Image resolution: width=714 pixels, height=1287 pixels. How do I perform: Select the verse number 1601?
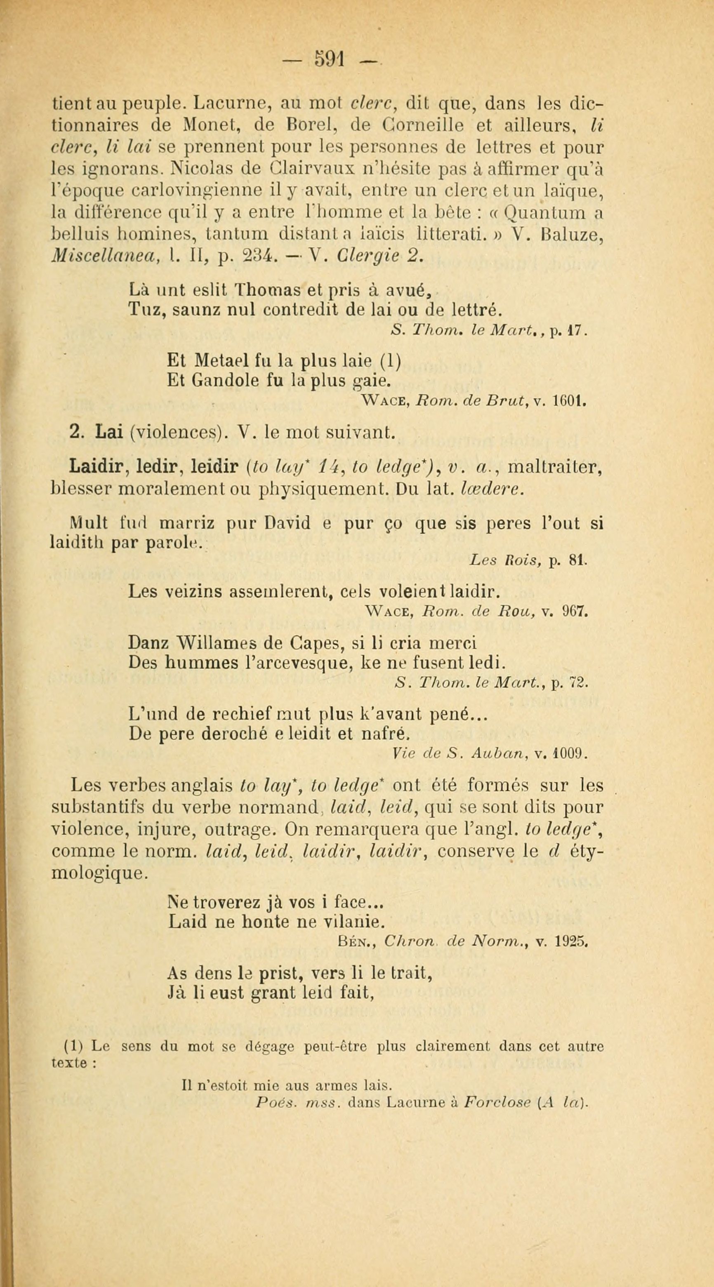coord(570,401)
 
